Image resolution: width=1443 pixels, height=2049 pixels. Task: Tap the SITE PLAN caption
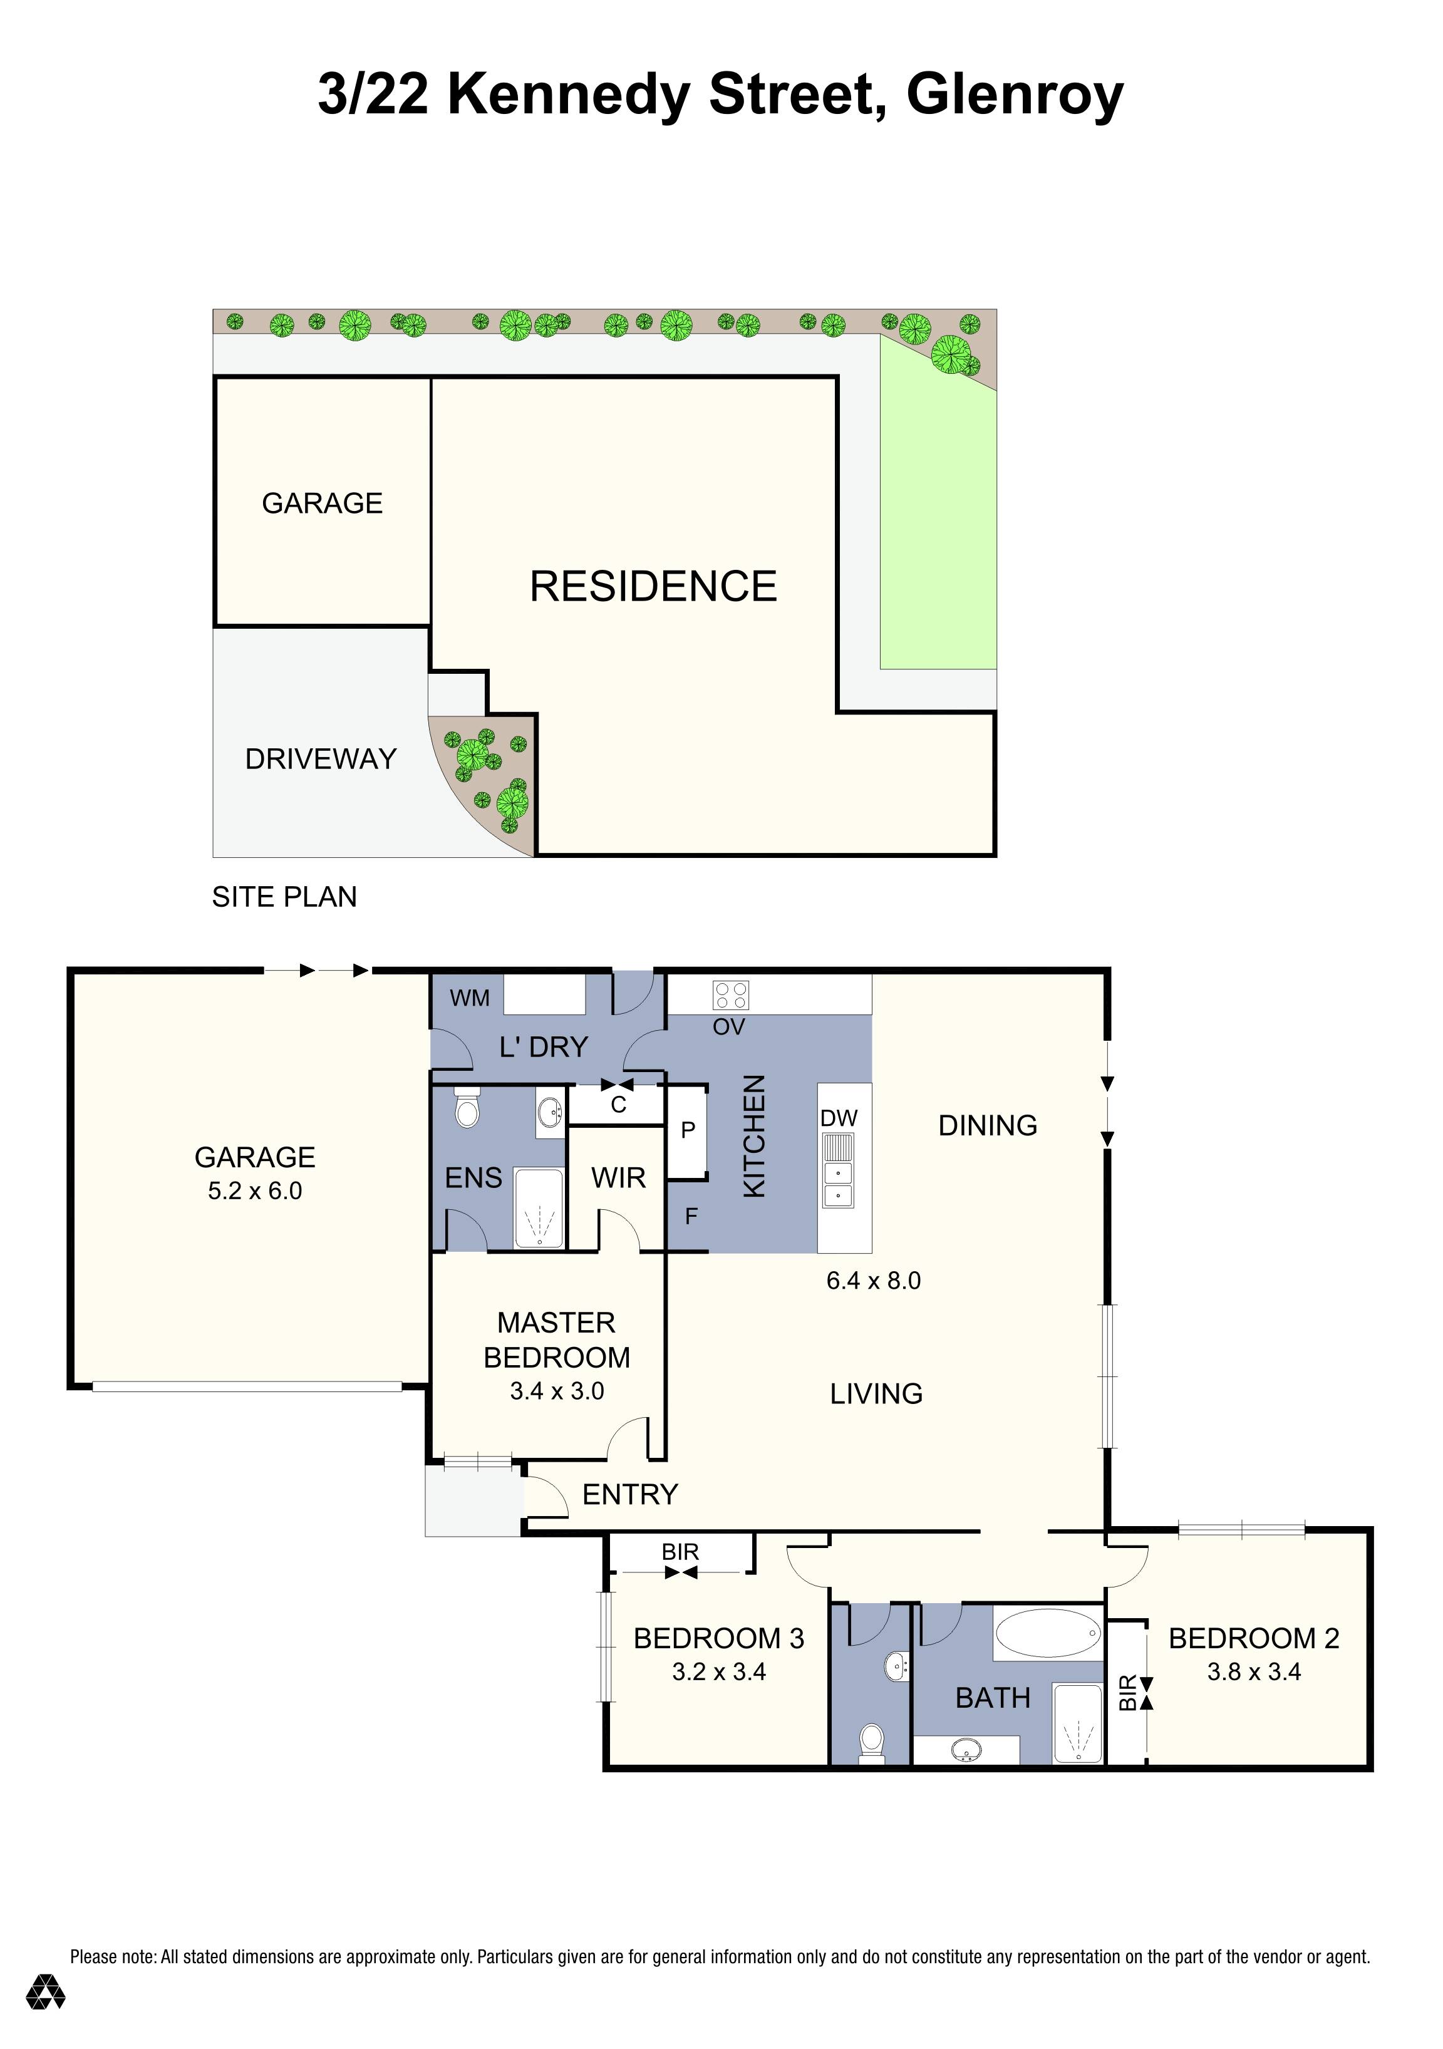[x=284, y=897]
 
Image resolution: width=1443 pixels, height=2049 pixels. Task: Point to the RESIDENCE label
[x=653, y=586]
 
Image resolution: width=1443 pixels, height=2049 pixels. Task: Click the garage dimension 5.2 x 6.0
[x=256, y=1190]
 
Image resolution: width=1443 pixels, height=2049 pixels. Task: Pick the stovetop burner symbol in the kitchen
[x=731, y=995]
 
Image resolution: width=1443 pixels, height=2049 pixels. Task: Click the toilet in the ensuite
[x=467, y=1109]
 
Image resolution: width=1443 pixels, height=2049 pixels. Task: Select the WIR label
[x=618, y=1178]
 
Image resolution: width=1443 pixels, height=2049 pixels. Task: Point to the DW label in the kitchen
[x=839, y=1118]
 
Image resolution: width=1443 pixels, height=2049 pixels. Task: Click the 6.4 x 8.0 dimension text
[x=874, y=1281]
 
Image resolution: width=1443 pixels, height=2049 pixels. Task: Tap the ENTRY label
[x=630, y=1494]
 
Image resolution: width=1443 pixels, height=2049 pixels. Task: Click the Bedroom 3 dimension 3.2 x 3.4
[x=719, y=1671]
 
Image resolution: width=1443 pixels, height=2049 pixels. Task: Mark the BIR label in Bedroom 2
[x=1128, y=1692]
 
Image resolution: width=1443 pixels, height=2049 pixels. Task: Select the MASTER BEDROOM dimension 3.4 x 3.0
[x=557, y=1391]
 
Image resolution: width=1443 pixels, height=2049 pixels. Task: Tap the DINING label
[x=988, y=1125]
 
